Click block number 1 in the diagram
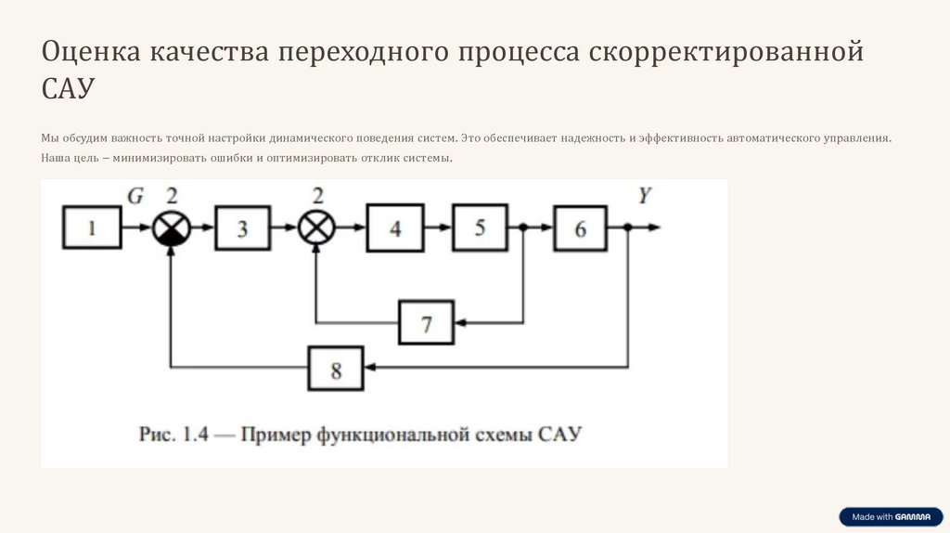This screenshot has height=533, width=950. click(x=92, y=227)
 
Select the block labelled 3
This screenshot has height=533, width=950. click(x=242, y=227)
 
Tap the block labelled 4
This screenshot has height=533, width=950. click(x=395, y=227)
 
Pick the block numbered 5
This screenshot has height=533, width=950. click(x=480, y=227)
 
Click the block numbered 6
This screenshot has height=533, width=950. click(x=581, y=227)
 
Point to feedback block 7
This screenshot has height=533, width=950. click(x=427, y=323)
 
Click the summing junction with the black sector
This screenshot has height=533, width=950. click(x=171, y=227)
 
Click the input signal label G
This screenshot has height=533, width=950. click(x=135, y=196)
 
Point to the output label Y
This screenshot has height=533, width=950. click(x=644, y=196)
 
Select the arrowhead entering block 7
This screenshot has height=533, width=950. click(x=460, y=323)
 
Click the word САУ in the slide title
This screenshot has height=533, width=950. click(x=68, y=89)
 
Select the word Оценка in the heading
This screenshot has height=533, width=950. click(x=84, y=52)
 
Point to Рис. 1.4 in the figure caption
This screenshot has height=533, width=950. click(x=172, y=434)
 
